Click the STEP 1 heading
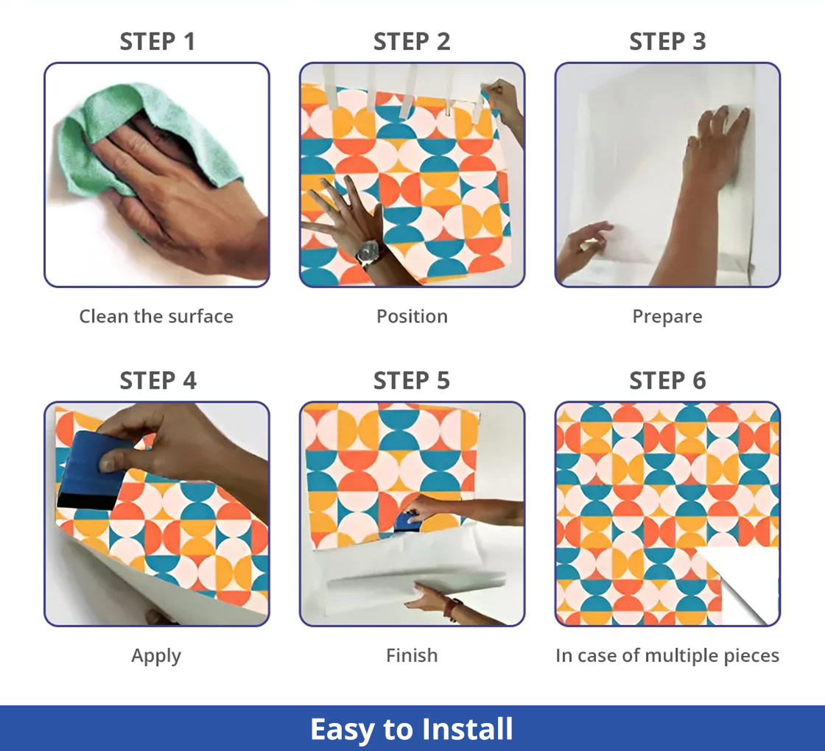coord(158,41)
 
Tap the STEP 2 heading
coord(412,41)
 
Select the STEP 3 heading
coord(667,41)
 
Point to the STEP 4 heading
coord(158,380)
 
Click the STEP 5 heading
coord(412,380)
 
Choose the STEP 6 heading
coord(667,380)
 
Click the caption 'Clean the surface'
coord(156,316)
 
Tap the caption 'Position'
coord(412,316)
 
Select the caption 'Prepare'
coord(667,317)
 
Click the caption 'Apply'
coord(156,656)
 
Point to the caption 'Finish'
coord(412,655)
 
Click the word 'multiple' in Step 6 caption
coord(681,656)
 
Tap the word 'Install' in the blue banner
coord(467,729)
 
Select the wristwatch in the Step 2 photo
coord(369,253)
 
